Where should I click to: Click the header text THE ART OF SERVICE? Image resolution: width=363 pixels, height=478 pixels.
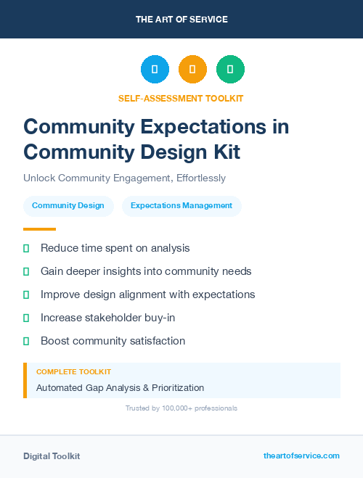181,20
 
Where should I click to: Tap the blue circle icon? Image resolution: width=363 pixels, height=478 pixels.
155,70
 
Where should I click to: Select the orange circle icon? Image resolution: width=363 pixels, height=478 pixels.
192,70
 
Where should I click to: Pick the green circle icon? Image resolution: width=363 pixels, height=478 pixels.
230,70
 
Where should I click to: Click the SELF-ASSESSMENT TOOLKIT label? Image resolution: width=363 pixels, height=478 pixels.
181,98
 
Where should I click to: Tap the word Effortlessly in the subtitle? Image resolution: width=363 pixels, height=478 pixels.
197,178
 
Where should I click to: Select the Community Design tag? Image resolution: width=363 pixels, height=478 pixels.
68,206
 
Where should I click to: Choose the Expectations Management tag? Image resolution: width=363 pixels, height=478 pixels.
181,206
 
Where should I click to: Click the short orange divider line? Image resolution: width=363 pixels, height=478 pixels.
39,228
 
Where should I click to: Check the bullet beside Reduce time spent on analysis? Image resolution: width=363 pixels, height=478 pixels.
26,248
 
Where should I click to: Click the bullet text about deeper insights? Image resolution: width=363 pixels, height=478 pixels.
146,271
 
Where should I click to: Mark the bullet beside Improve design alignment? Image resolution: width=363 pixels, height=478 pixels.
26,294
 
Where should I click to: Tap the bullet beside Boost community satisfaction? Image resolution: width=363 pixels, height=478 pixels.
26,341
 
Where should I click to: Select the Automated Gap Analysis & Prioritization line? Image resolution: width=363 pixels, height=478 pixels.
120,387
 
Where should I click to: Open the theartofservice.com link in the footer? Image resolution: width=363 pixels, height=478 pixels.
301,456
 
